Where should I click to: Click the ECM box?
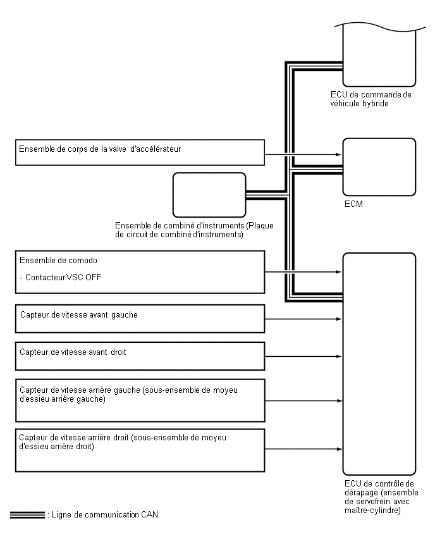click(379, 167)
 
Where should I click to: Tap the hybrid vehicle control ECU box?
click(379, 56)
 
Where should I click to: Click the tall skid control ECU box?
click(379, 364)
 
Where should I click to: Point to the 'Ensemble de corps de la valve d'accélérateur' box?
click(140, 152)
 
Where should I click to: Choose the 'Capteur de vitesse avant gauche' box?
click(140, 319)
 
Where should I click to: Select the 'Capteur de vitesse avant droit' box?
click(140, 356)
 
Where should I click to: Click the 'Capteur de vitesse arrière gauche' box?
click(140, 400)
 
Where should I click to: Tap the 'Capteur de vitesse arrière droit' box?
click(140, 450)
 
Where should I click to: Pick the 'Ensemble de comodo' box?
click(140, 272)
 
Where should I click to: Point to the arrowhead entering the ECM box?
click(339, 154)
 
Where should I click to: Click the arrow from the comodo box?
click(303, 273)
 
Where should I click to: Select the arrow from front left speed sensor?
click(303, 319)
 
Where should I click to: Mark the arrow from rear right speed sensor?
click(303, 450)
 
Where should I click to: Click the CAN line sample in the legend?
click(27, 514)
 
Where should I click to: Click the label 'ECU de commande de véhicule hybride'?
click(371, 99)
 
